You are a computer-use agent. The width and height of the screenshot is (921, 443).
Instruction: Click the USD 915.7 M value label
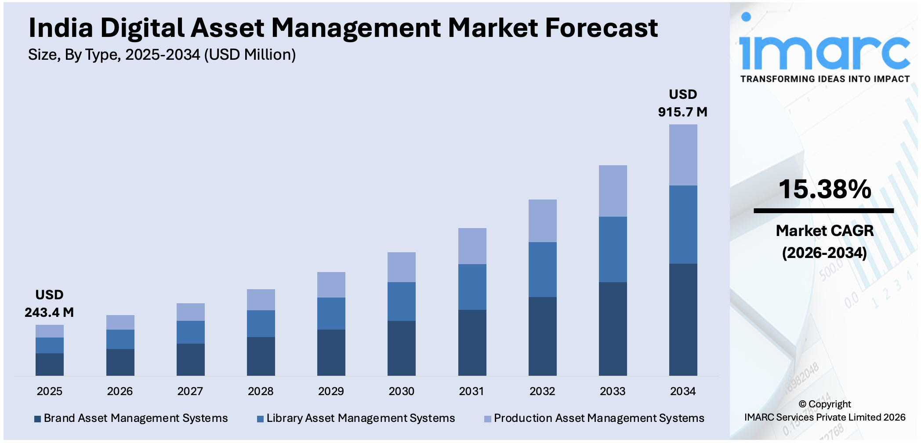(682, 103)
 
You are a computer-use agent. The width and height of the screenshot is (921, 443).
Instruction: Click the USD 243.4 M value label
(49, 304)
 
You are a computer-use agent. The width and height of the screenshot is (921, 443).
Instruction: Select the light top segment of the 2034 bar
(683, 155)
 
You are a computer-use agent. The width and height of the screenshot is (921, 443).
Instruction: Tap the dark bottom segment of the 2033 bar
(613, 329)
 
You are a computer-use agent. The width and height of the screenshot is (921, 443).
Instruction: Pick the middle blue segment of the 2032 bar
(542, 269)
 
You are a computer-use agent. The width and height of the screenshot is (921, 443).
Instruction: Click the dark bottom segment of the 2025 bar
(50, 364)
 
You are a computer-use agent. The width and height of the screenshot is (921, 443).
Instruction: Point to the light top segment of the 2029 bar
(331, 285)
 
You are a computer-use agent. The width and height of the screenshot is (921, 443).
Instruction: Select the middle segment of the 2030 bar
(401, 301)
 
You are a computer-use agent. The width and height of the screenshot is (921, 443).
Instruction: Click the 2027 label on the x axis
(190, 391)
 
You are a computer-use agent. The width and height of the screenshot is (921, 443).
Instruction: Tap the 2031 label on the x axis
(471, 391)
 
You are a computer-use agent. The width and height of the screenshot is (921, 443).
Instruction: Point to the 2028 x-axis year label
(261, 391)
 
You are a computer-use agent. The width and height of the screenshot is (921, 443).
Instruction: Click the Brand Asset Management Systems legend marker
(38, 419)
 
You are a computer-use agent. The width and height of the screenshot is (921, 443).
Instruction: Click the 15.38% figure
(825, 189)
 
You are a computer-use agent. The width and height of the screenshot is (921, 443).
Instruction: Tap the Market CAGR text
(824, 231)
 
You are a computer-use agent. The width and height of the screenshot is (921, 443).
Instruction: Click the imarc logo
(824, 53)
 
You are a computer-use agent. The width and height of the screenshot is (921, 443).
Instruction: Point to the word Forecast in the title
(601, 28)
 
